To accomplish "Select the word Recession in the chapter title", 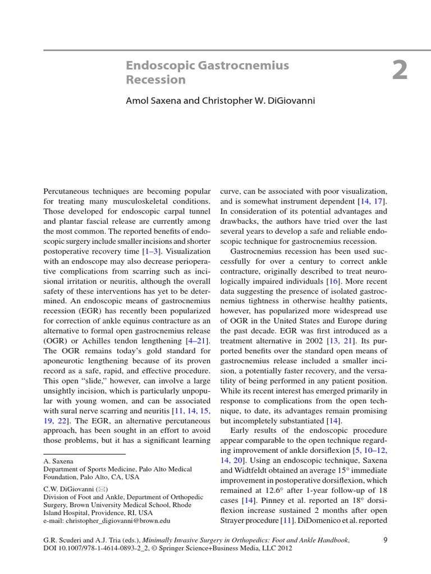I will (155, 80).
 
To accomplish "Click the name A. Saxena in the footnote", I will (58, 461).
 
